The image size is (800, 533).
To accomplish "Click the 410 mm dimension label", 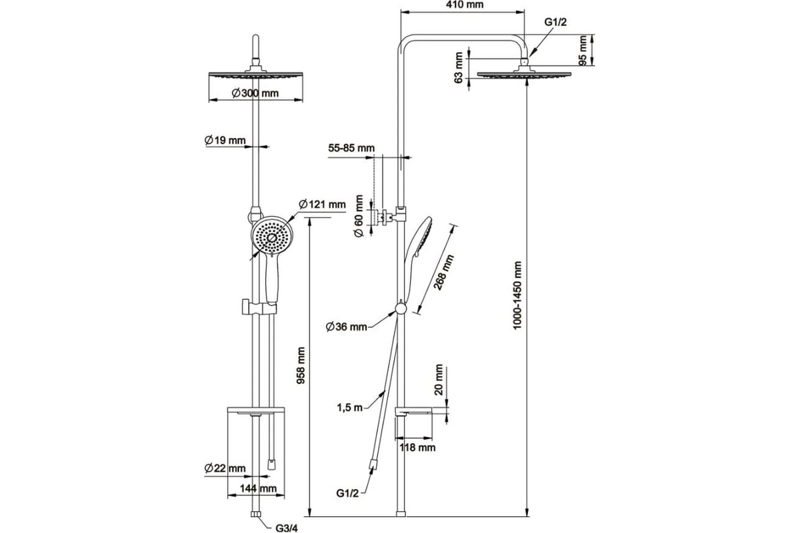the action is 464,5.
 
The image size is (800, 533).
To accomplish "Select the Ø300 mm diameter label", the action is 255,93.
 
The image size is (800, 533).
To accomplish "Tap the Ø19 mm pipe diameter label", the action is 225,140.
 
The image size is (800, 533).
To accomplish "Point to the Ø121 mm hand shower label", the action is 322,204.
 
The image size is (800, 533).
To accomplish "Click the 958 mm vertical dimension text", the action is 301,365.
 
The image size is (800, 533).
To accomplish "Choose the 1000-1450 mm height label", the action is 517,295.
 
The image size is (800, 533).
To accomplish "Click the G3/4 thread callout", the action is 287,528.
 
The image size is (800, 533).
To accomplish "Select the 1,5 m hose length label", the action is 349,407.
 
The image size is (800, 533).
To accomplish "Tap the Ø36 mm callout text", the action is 347,326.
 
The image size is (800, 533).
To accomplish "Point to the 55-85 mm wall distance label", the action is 351,148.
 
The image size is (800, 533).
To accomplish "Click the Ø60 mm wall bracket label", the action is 359,216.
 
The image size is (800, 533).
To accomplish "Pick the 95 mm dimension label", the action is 583,50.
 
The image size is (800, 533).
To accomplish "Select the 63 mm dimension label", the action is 459,68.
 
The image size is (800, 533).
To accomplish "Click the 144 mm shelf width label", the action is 258,488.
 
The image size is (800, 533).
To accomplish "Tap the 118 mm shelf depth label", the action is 417,447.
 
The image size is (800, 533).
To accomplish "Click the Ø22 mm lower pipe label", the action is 225,468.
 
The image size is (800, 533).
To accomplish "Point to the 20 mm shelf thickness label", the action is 439,380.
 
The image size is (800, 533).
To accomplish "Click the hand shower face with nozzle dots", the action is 272,237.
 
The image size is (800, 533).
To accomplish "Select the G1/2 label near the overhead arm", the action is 555,22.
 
